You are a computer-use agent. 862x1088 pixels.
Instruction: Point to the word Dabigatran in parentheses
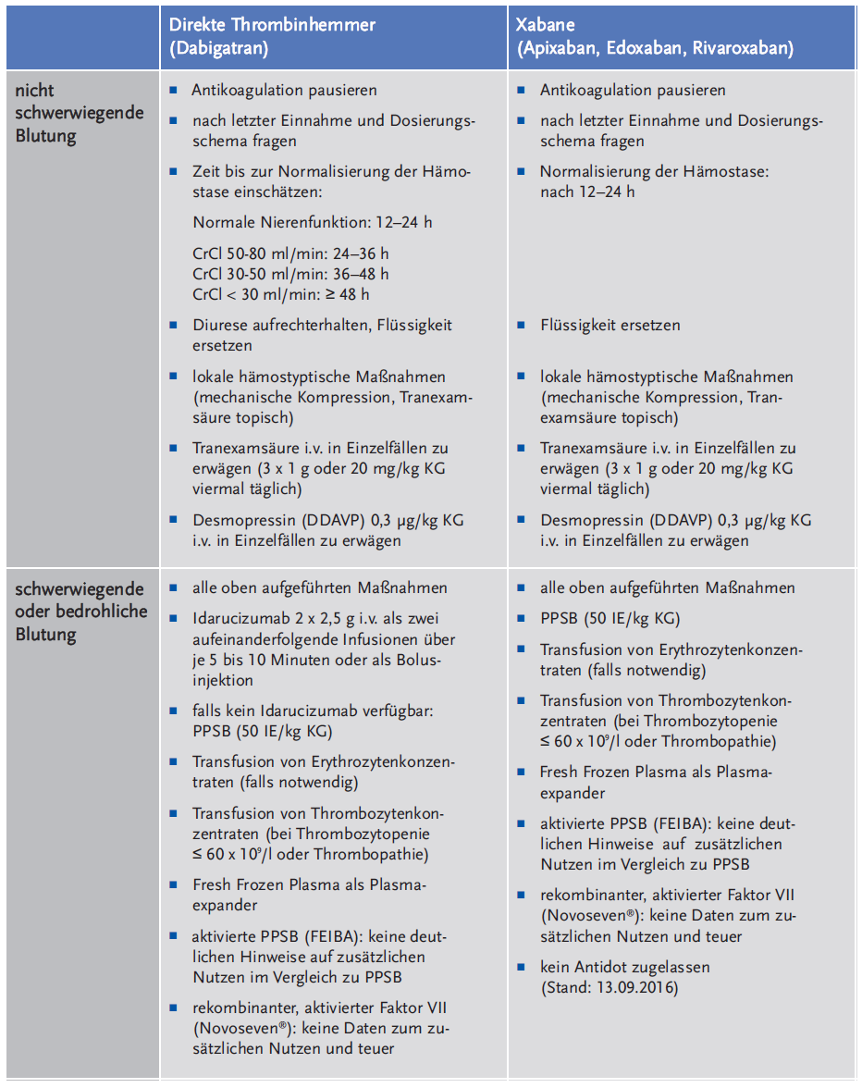[218, 49]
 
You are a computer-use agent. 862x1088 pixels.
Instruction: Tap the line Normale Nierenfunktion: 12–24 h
[313, 222]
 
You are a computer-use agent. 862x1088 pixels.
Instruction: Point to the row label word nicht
[35, 91]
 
